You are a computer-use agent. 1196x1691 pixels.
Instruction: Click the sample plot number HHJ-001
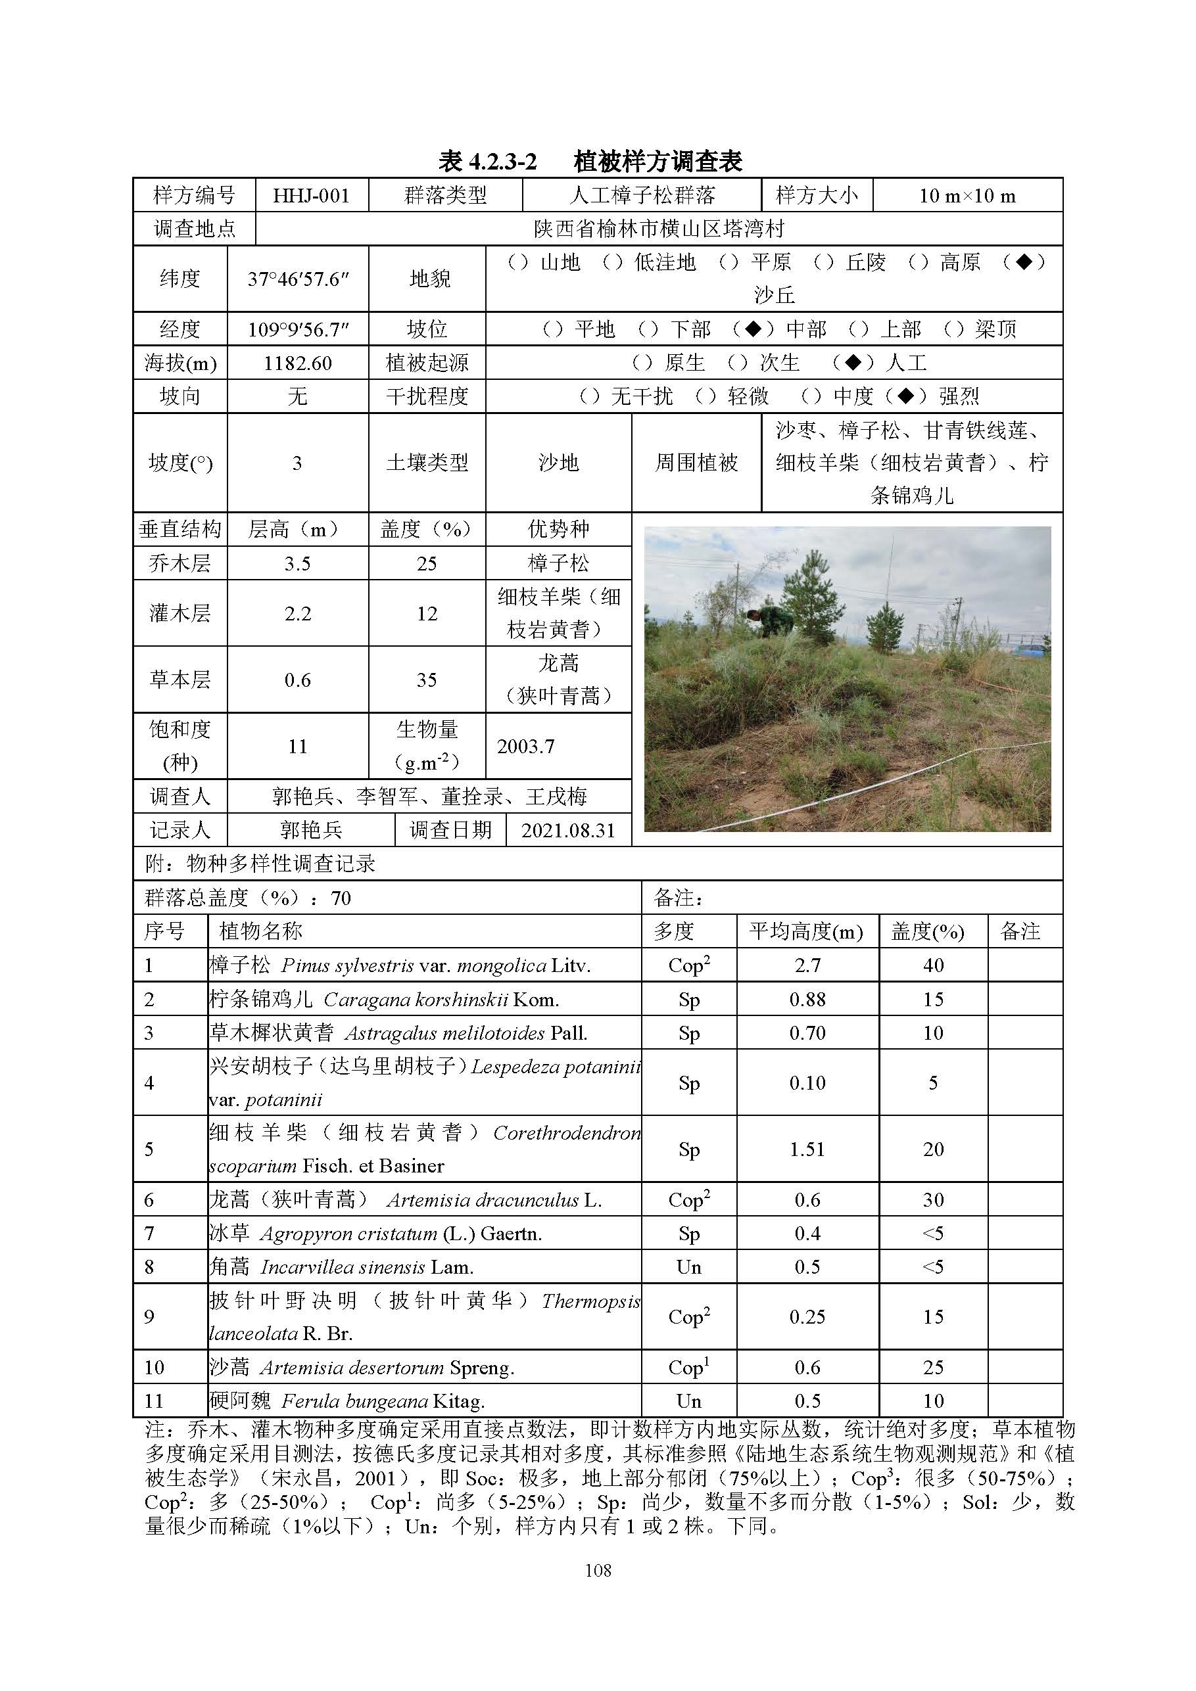pos(311,196)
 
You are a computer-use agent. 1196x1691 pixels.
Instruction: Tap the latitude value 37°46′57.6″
pos(298,279)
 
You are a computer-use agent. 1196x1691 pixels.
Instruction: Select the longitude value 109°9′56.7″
pos(298,329)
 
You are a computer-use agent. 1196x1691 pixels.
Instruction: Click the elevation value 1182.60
pos(298,363)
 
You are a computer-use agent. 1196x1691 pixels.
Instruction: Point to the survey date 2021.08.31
pos(567,831)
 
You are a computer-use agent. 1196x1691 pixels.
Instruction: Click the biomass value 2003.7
pos(525,747)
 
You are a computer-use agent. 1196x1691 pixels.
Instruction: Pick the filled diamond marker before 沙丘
pos(1024,262)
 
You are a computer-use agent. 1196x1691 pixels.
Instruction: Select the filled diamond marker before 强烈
pos(905,397)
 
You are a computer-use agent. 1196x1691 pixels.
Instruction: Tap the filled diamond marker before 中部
pos(752,329)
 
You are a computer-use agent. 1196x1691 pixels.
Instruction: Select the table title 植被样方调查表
pos(658,161)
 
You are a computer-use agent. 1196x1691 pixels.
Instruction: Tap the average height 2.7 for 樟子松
pos(807,965)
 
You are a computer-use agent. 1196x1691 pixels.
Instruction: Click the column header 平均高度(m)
pos(806,932)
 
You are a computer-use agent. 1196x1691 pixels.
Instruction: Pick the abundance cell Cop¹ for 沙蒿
pos(688,1367)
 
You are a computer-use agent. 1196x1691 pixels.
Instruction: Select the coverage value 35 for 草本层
pos(427,680)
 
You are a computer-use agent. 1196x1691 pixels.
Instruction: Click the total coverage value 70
pos(341,898)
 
